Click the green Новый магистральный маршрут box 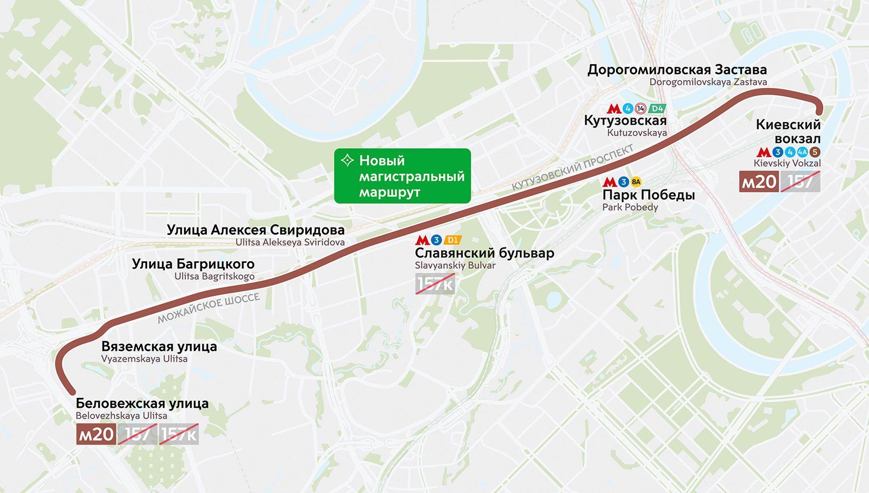pos(402,176)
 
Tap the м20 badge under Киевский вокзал pos(759,182)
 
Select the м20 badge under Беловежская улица pos(96,434)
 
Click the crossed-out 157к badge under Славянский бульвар pos(434,283)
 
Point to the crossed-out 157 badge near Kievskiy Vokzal pos(800,182)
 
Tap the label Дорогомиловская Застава pos(677,69)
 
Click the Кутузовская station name pos(625,121)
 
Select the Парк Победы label pos(648,195)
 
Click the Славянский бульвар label pos(484,253)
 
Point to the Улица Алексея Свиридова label pos(255,230)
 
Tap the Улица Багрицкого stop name pos(193,264)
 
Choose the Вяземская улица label pos(159,346)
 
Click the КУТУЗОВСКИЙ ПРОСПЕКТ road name pos(572,167)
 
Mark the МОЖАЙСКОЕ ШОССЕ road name pos(209,308)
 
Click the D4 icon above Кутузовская pos(657,109)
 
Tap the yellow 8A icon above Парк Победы pos(636,182)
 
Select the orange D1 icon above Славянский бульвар pos(452,240)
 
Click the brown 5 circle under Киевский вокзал pos(815,153)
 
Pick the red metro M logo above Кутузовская pos(614,109)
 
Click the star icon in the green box pos(347,161)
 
